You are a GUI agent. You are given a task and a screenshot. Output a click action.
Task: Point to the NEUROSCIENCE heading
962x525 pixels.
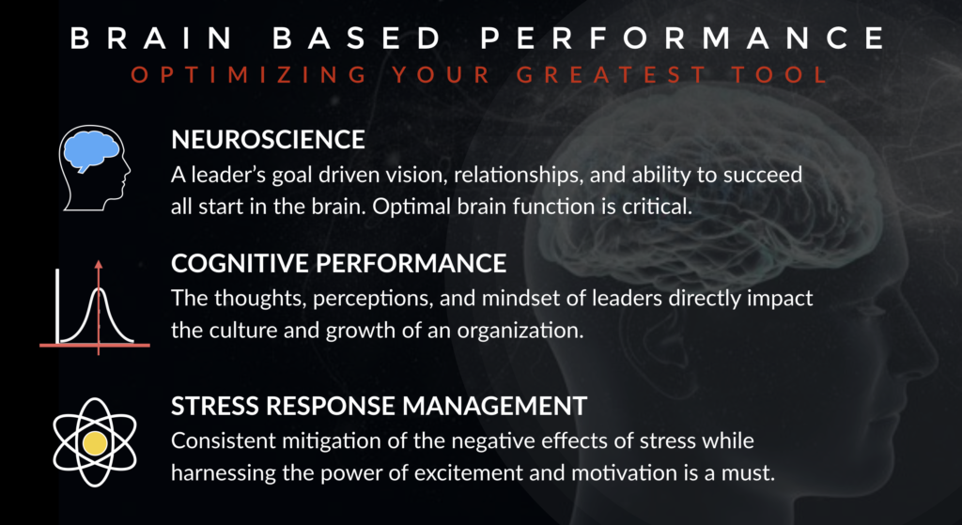coord(268,140)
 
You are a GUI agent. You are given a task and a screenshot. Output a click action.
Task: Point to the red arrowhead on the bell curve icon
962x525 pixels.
coord(98,264)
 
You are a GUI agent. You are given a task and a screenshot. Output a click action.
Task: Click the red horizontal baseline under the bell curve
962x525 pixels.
coord(95,346)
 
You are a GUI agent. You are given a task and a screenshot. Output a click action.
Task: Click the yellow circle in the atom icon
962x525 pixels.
coord(95,441)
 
